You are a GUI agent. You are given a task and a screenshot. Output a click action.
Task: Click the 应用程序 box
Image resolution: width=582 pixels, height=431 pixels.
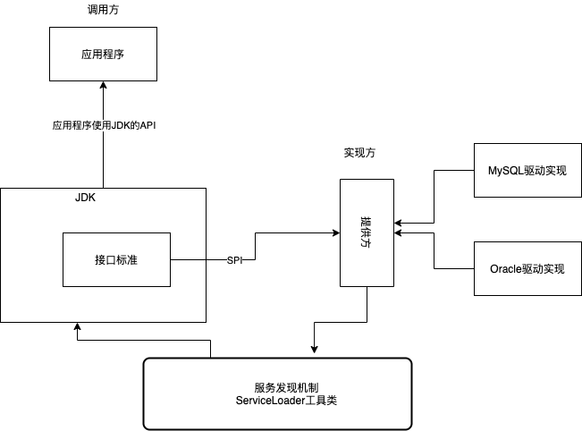(103, 54)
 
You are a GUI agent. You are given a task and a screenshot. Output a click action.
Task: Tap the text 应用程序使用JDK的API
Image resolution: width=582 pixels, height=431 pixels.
(105, 126)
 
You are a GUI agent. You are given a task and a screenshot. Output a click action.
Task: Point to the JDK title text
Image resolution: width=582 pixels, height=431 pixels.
(85, 198)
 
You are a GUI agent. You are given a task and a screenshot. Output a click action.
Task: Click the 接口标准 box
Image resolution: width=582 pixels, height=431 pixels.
(115, 260)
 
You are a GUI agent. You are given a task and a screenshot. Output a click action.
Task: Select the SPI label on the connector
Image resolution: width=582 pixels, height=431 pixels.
(234, 260)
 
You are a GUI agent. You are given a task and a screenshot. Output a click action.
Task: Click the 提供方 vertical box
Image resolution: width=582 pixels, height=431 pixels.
(366, 232)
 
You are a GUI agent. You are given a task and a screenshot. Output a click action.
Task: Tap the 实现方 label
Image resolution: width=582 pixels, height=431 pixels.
(359, 153)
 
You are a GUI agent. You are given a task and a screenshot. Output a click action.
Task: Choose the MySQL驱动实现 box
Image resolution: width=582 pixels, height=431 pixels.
(527, 170)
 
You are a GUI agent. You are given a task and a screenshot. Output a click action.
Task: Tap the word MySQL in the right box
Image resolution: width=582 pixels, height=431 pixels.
(504, 170)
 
